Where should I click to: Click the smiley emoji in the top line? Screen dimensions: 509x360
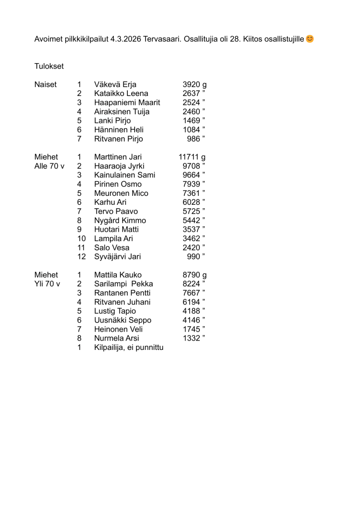tap(310, 38)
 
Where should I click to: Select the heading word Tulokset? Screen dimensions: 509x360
tap(49, 66)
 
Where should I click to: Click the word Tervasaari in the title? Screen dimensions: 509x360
tap(165, 39)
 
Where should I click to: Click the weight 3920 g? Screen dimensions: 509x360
tap(194, 84)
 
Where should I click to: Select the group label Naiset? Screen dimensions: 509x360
tap(45, 84)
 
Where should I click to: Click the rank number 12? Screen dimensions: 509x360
tap(82, 256)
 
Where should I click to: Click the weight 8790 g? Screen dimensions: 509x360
tap(194, 275)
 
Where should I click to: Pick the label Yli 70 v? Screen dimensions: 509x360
tap(47, 284)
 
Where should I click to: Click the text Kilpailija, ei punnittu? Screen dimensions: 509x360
tap(128, 347)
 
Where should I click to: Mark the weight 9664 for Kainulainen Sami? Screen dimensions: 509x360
tap(191, 175)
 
